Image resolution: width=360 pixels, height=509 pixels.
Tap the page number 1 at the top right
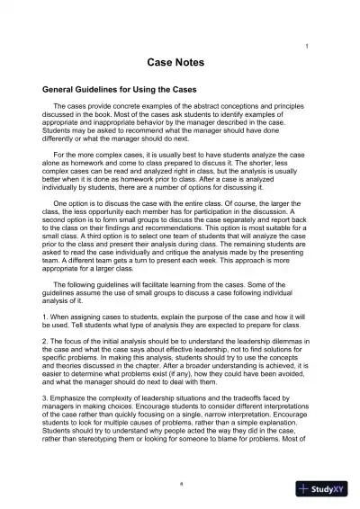pyautogui.click(x=309, y=46)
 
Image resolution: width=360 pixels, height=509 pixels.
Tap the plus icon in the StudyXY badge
pyautogui.click(x=307, y=489)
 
